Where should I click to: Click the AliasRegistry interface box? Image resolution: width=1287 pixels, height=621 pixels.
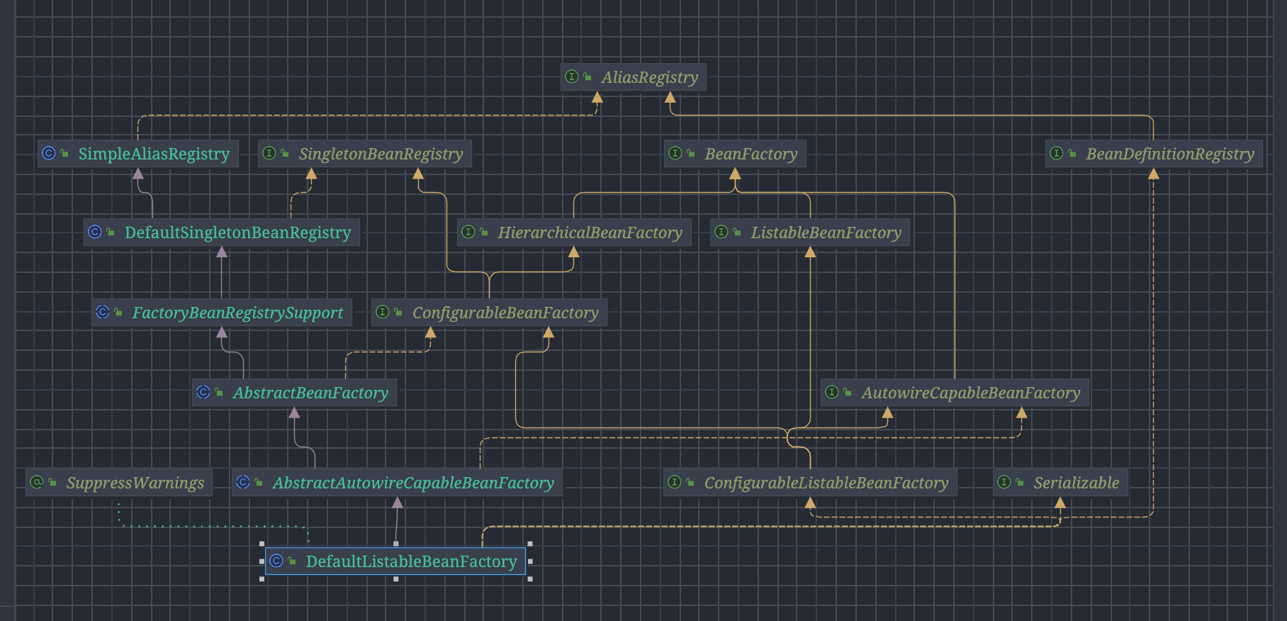pos(634,77)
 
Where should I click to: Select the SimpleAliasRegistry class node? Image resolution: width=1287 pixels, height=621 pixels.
pos(138,154)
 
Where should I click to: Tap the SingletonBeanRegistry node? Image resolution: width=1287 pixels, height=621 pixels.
pos(365,154)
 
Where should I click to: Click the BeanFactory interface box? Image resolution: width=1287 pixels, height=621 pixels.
pos(735,154)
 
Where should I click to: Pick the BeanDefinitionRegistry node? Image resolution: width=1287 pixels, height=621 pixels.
pos(1154,154)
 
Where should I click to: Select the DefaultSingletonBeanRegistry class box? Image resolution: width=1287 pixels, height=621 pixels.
pos(222,233)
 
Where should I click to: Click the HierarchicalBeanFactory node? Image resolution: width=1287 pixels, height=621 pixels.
pos(574,233)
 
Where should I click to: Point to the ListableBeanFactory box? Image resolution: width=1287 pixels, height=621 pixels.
pos(810,233)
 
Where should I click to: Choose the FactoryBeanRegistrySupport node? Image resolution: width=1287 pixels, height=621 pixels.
pos(222,313)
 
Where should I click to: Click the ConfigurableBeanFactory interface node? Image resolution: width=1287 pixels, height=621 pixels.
pos(489,313)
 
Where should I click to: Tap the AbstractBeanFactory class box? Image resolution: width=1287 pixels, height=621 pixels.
pos(294,393)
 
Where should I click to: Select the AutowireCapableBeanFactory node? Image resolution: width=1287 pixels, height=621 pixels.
pos(955,393)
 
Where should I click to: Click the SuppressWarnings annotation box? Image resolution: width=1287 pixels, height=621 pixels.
pos(119,483)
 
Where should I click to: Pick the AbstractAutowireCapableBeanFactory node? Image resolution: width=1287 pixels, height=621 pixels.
pos(397,483)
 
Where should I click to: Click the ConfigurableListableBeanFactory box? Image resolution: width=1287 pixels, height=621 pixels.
pos(810,483)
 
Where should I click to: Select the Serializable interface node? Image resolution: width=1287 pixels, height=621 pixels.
pos(1060,483)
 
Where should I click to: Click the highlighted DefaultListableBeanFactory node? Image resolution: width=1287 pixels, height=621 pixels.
pos(395,561)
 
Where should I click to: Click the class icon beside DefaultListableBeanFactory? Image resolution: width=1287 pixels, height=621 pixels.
pos(276,561)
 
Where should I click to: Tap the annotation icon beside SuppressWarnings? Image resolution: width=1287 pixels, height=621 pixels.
pos(37,482)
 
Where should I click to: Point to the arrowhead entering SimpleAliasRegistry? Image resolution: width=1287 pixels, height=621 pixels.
pos(138,174)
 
